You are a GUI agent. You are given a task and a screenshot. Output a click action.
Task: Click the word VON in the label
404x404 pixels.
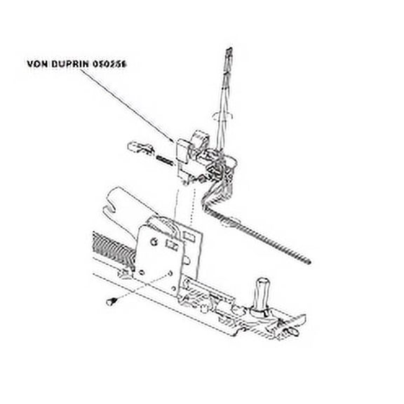[38, 64]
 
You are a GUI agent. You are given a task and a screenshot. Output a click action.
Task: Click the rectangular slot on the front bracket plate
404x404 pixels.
[170, 245]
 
